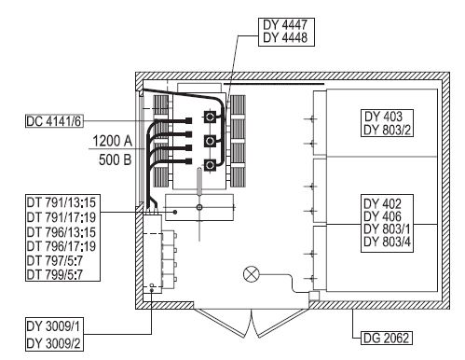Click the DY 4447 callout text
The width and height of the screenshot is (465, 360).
[285, 24]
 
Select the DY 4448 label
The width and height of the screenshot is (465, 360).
[285, 37]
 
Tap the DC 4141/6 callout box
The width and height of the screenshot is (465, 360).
[54, 121]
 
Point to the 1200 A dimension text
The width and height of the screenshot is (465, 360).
[113, 141]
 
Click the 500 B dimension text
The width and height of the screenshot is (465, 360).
[116, 159]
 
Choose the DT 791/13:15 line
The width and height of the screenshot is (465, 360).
[62, 202]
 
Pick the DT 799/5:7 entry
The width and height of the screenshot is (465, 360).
[55, 274]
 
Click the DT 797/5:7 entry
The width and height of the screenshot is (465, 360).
[55, 260]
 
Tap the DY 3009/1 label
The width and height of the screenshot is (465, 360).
[53, 326]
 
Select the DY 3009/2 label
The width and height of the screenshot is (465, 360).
[53, 343]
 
